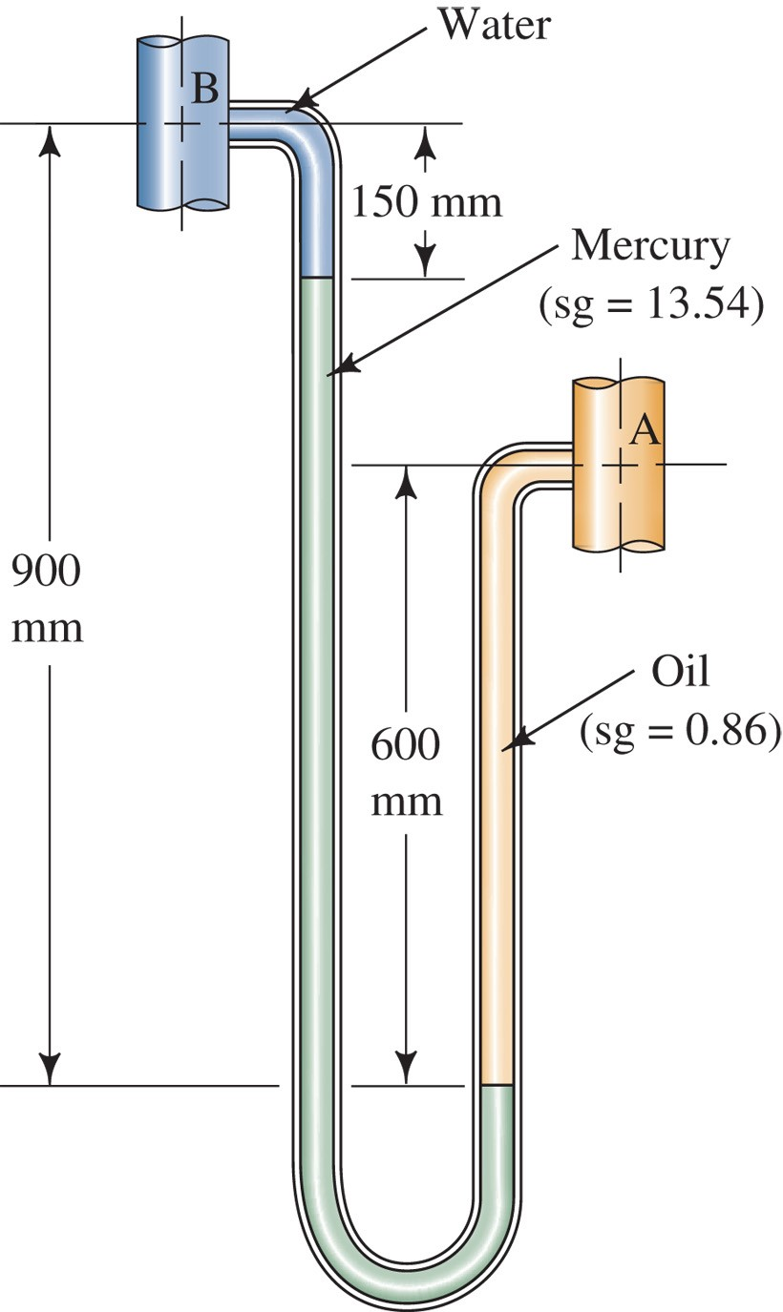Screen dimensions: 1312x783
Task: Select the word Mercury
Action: click(650, 245)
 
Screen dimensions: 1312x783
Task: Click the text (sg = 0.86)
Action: click(680, 732)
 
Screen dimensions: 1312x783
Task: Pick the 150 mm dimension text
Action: click(426, 201)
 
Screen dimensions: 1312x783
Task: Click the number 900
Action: click(46, 573)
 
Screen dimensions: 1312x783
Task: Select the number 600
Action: click(406, 744)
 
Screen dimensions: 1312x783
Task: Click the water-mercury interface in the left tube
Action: click(316, 278)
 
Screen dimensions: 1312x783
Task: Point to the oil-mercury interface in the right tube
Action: click(497, 1085)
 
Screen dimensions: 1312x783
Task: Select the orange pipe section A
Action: click(619, 506)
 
